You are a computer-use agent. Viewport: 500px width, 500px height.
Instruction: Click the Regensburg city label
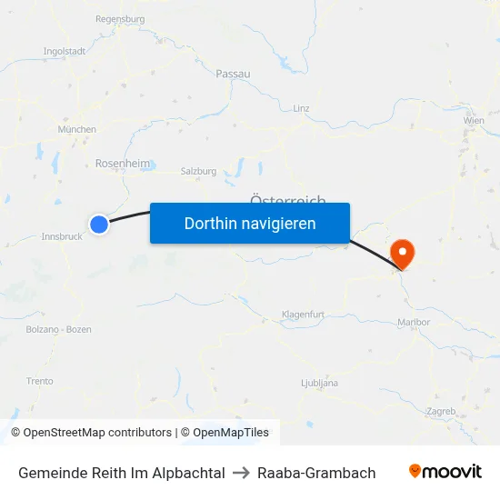click(x=120, y=18)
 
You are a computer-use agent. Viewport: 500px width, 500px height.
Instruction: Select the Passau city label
click(x=233, y=74)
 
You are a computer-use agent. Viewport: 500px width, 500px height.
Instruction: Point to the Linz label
click(x=302, y=107)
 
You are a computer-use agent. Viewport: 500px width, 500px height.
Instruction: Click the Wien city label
click(x=474, y=120)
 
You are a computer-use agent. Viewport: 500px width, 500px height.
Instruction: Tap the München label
click(x=77, y=130)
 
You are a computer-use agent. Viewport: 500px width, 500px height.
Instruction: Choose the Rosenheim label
click(x=123, y=164)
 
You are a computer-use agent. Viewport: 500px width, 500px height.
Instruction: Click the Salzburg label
click(x=199, y=171)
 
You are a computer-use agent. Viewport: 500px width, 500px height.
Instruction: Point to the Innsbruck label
click(x=63, y=236)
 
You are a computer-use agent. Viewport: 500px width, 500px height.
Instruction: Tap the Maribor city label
click(x=414, y=322)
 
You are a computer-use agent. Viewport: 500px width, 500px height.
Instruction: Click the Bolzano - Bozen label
click(x=58, y=329)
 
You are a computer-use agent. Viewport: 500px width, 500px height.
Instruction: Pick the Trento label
click(x=40, y=382)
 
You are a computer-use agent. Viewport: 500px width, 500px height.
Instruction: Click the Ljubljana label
click(x=319, y=384)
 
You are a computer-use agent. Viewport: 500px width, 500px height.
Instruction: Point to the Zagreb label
click(x=440, y=411)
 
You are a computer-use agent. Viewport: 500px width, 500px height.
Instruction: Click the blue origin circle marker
click(x=99, y=224)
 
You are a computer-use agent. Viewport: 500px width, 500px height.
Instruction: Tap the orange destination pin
click(x=401, y=252)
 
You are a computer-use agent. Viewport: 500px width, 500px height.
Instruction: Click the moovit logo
click(x=445, y=472)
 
